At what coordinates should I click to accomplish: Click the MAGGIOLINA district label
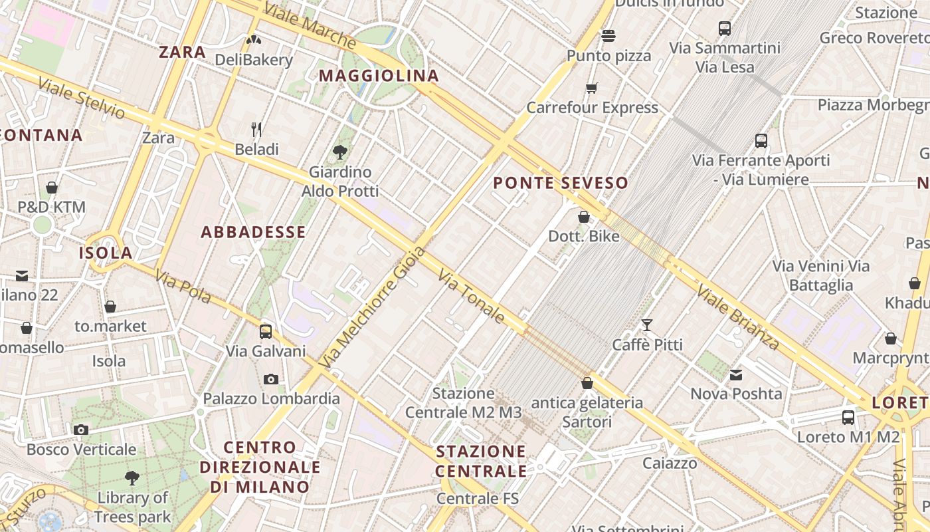click(379, 76)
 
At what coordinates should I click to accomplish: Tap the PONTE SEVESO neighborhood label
click(561, 183)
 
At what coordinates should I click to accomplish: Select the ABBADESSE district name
click(253, 232)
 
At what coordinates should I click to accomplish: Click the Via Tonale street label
click(472, 296)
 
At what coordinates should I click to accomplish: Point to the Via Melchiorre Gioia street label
click(372, 308)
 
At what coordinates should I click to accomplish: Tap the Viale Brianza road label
click(737, 317)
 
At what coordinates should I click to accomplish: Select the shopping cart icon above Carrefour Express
click(591, 88)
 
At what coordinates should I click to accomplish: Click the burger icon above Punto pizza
click(608, 35)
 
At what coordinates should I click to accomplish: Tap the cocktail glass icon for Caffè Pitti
click(646, 325)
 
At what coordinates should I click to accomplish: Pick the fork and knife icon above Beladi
click(256, 129)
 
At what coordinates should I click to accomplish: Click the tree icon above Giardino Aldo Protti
click(340, 152)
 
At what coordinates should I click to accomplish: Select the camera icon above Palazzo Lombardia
click(270, 379)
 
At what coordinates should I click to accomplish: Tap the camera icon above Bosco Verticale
click(81, 430)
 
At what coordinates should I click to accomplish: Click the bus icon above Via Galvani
click(266, 331)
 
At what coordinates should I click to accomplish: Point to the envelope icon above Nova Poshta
click(736, 375)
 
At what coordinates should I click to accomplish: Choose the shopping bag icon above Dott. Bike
click(583, 217)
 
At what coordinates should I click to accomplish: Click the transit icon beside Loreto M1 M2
click(848, 418)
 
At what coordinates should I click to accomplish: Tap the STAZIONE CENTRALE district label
click(481, 462)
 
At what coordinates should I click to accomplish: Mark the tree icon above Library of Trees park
click(132, 477)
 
